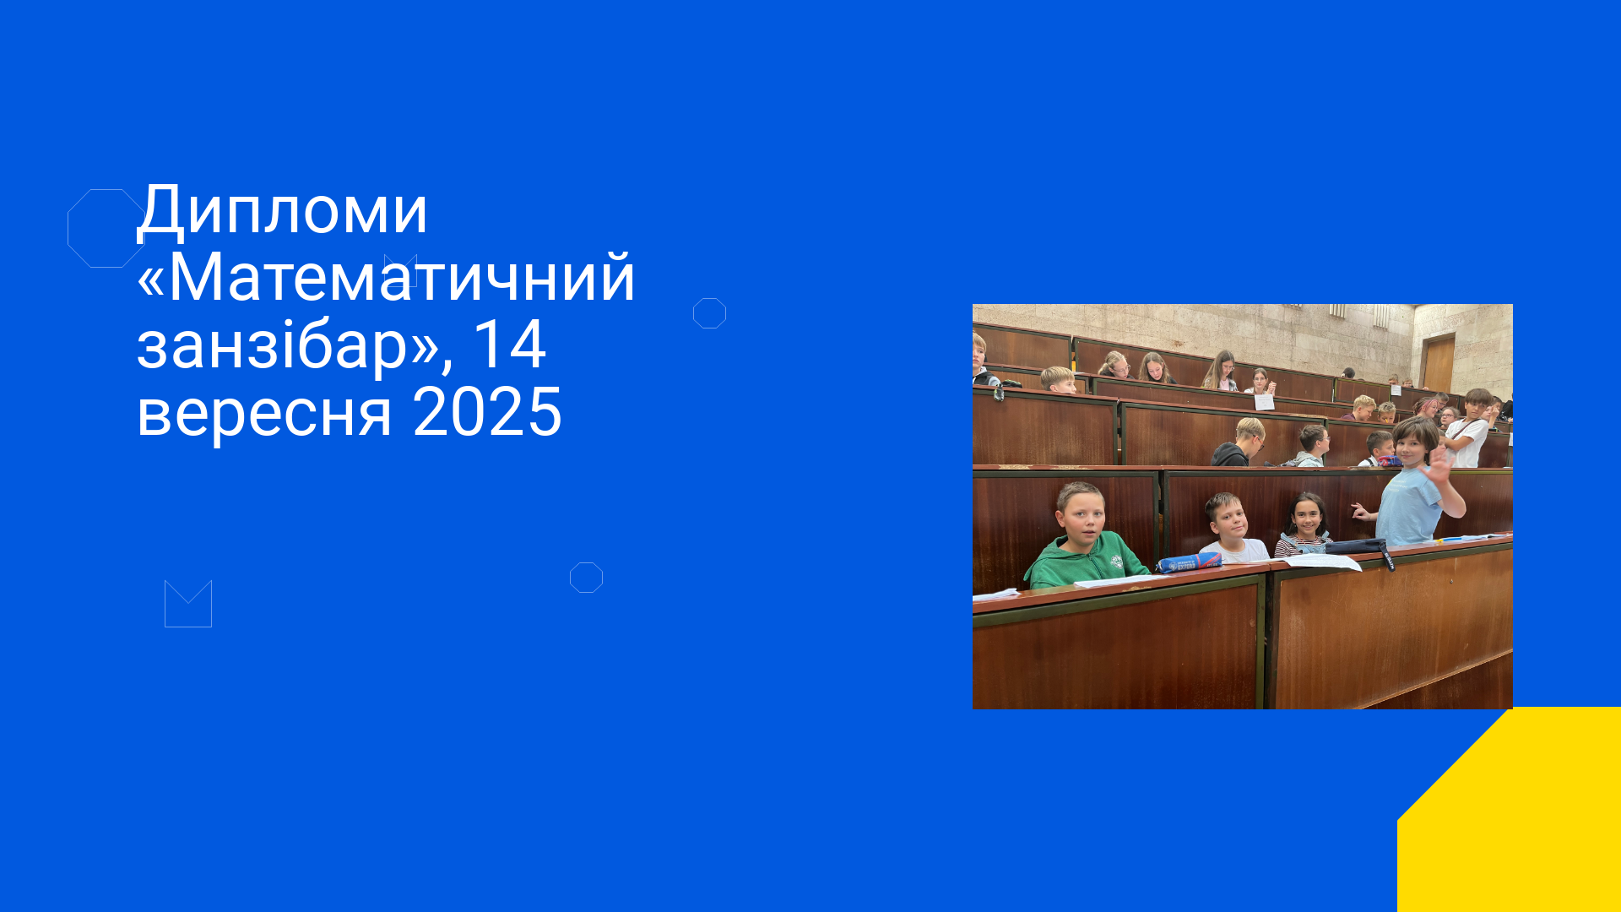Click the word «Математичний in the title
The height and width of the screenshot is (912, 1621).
pos(386,277)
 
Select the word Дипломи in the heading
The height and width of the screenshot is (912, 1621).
pos(283,210)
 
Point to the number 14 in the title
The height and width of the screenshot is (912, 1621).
pos(509,344)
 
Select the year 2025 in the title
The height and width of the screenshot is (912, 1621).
pos(487,412)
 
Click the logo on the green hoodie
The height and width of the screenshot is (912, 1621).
pos(1116,561)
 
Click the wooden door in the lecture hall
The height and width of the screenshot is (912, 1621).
pos(1438,363)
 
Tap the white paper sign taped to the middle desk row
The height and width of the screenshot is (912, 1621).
pos(1264,402)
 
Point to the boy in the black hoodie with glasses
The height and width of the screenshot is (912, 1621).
pos(1239,442)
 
